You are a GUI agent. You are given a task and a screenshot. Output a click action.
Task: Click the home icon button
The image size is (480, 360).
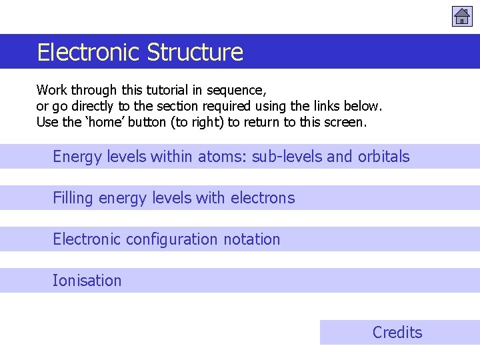coord(462,16)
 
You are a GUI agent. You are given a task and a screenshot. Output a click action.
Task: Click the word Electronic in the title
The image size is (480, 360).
coord(89,52)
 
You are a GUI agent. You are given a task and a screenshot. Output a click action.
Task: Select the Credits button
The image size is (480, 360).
coord(397,332)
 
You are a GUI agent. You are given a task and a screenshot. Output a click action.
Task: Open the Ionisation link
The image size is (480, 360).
coord(87,281)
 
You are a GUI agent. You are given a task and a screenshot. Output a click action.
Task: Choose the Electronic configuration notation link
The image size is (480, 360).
coord(167,239)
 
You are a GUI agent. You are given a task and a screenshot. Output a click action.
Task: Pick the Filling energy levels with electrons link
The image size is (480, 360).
coord(173,198)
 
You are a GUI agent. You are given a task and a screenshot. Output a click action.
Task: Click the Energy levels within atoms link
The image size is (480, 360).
coord(231,157)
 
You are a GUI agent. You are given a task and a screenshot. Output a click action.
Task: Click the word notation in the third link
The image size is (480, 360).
coord(253,239)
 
